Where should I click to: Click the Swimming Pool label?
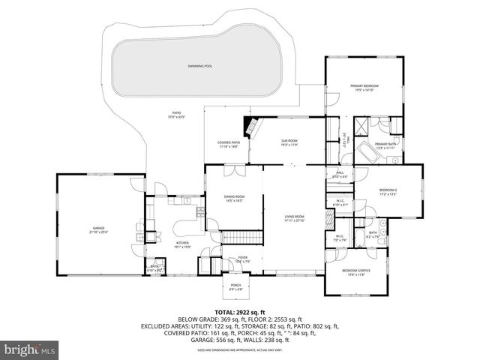[200, 66]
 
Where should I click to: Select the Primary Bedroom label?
[364, 86]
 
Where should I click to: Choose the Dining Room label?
[234, 196]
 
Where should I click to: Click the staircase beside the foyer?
[241, 238]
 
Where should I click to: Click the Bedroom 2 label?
[388, 190]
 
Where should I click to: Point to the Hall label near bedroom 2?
[339, 173]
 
